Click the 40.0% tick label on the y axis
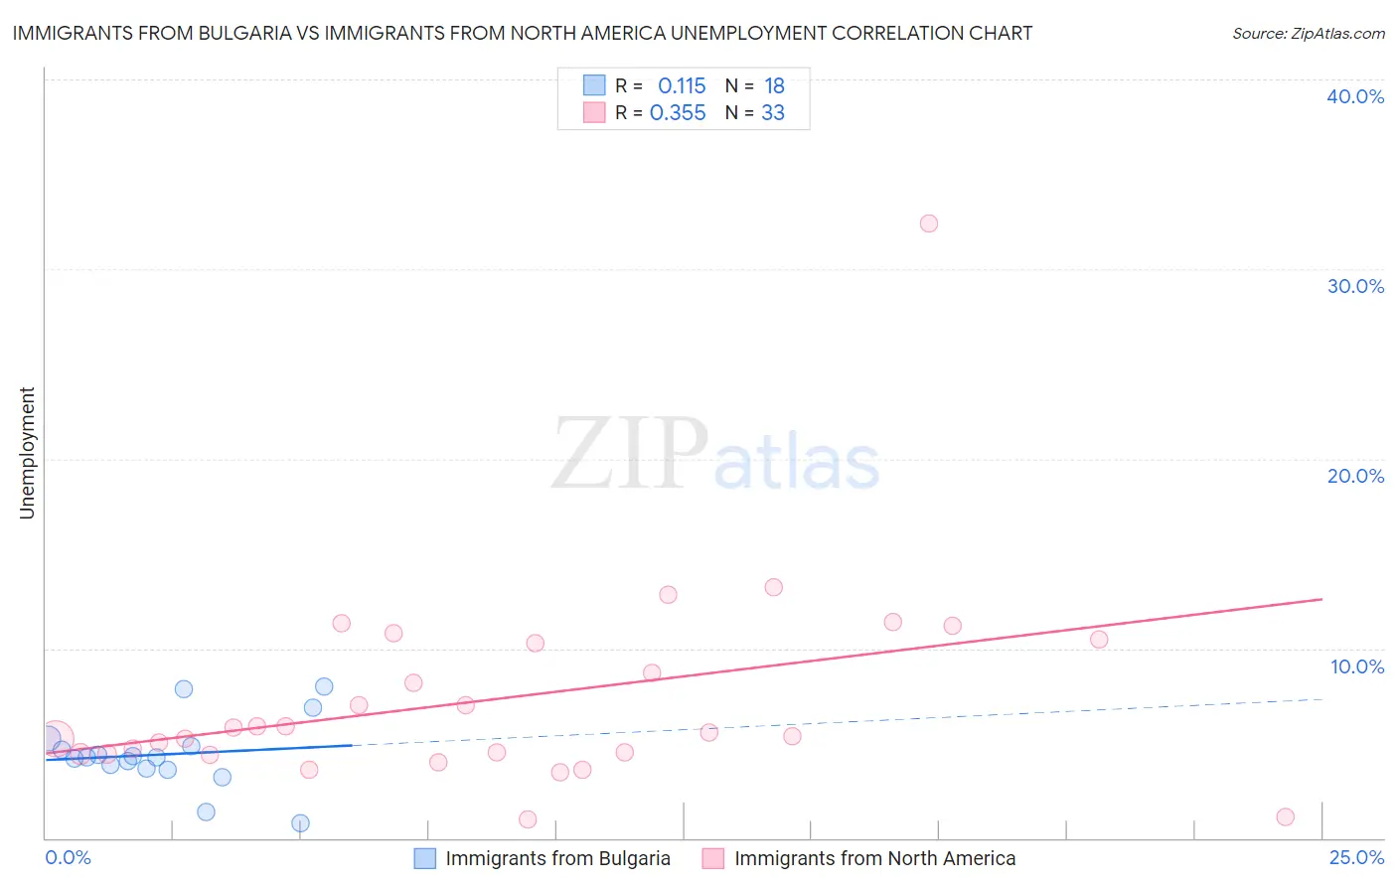(1355, 96)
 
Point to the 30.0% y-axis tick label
(1355, 286)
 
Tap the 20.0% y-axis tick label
(1355, 476)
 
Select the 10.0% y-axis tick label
(1357, 666)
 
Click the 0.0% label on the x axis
(68, 857)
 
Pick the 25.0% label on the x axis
(1356, 857)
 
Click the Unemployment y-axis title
(27, 453)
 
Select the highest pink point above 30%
(929, 223)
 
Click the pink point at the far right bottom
(1285, 817)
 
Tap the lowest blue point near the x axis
(300, 823)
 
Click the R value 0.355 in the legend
(678, 113)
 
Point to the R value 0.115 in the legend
(682, 86)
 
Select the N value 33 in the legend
(773, 113)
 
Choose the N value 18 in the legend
(774, 86)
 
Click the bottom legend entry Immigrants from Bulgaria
(557, 858)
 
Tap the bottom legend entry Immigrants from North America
(874, 858)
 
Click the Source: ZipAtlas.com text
(1309, 34)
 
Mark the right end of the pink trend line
(1321, 599)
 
